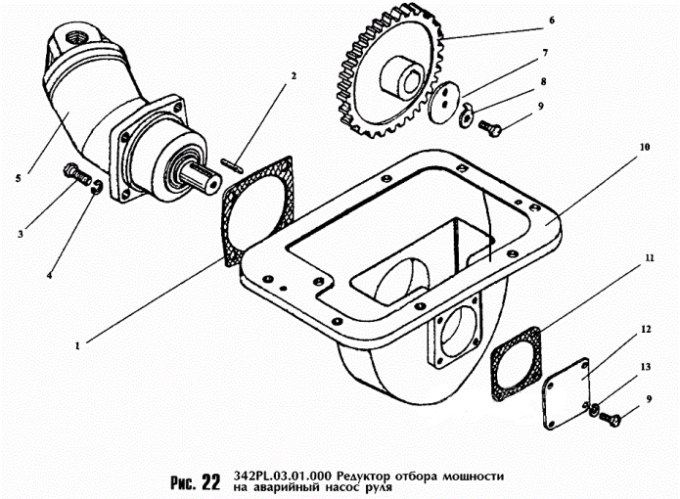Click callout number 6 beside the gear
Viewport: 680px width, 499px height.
(552, 21)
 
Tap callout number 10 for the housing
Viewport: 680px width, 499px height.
(645, 147)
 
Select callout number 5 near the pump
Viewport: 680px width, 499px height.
(18, 178)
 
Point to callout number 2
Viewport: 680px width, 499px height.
(294, 76)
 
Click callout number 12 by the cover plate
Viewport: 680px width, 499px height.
(646, 330)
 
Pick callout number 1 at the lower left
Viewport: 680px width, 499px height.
(77, 346)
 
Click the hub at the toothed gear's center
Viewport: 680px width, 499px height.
(399, 77)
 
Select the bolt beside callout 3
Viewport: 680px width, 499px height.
(77, 173)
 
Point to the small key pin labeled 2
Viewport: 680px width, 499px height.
(232, 163)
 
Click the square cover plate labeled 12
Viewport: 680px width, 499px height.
(566, 393)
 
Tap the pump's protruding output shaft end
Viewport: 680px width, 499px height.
(201, 178)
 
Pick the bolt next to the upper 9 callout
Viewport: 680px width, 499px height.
(490, 127)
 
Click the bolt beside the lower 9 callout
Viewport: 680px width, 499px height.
(611, 419)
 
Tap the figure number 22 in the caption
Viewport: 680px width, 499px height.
(211, 481)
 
